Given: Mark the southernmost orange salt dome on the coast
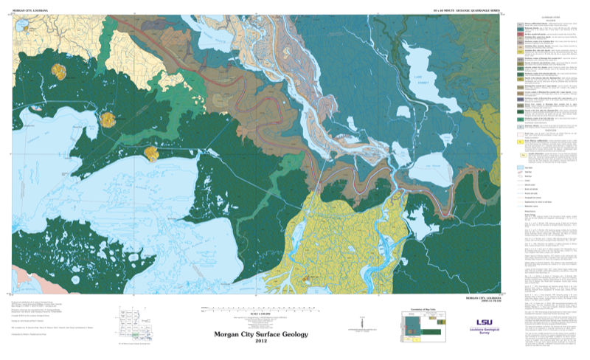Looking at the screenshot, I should [x=152, y=153].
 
